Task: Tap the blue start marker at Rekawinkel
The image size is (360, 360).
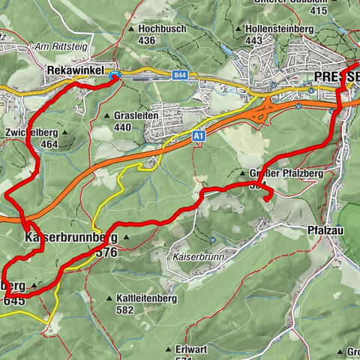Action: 115,75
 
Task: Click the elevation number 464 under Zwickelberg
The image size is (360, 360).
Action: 50,144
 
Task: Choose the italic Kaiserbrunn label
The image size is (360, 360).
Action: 194,256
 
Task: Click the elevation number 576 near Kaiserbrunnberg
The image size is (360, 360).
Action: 106,253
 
